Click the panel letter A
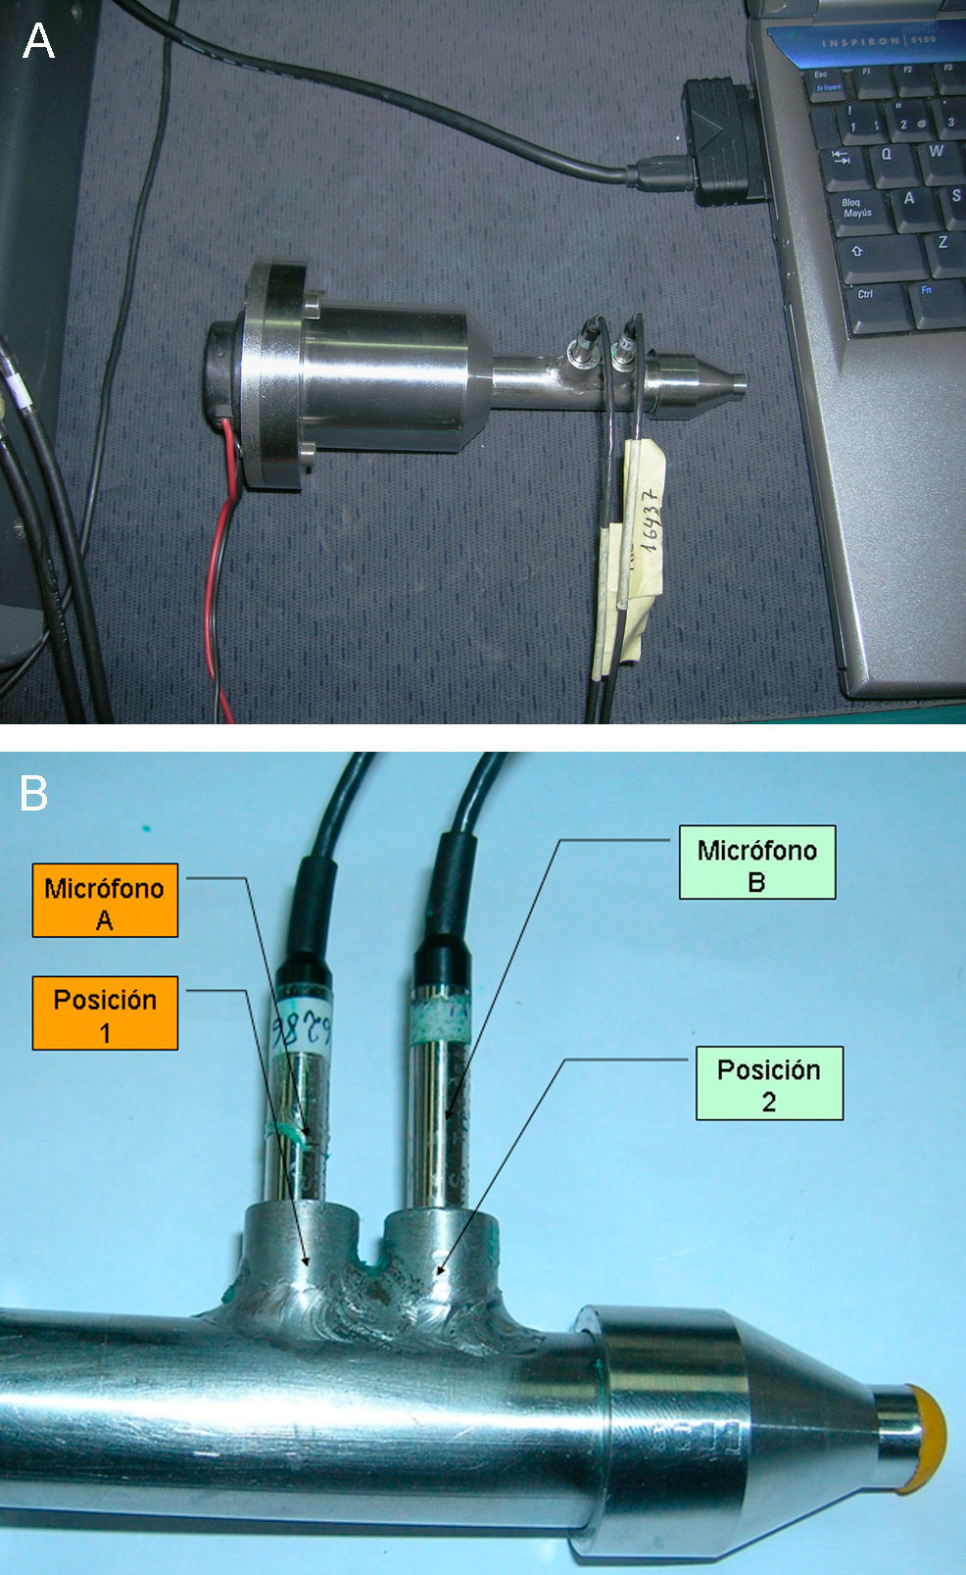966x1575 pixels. (38, 41)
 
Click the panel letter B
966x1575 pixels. (34, 793)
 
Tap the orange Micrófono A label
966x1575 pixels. (105, 901)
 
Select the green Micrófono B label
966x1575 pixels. (756, 862)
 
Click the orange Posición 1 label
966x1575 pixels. (105, 1013)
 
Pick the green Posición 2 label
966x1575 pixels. (769, 1083)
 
